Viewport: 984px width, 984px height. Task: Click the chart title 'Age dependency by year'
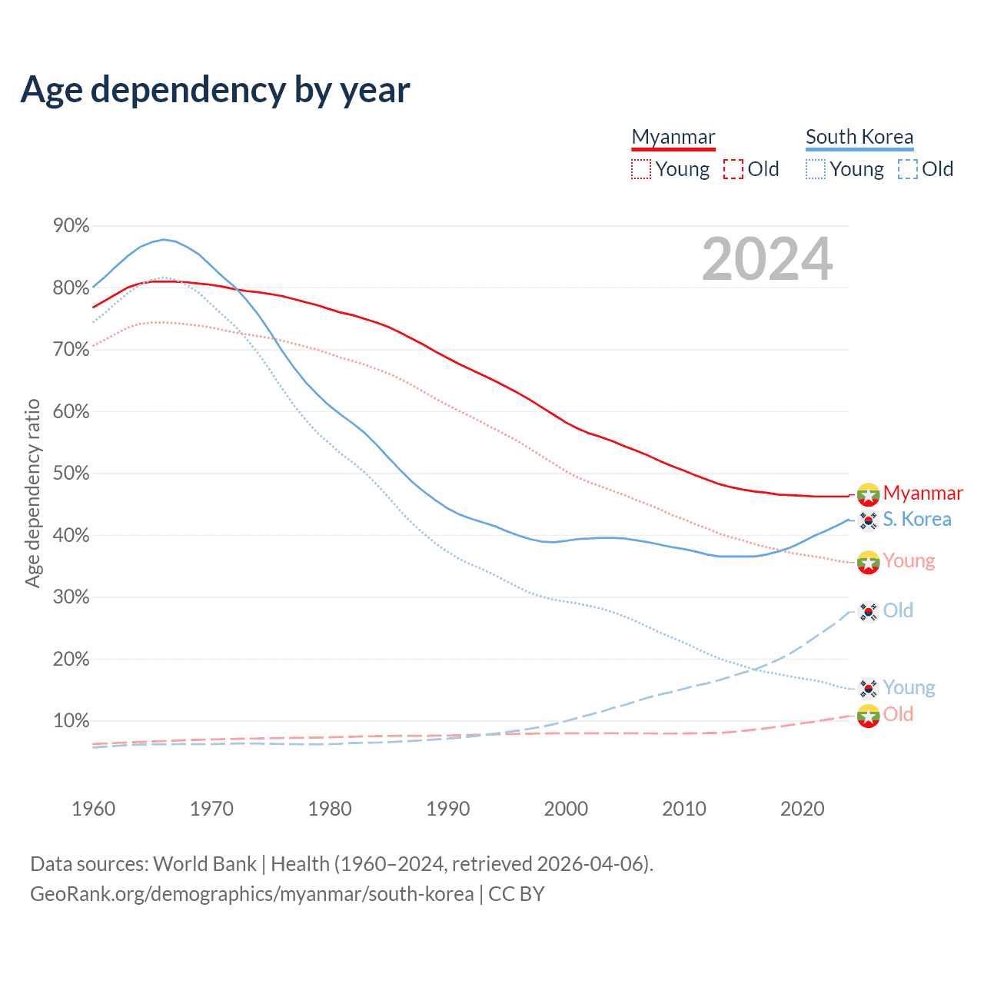point(215,90)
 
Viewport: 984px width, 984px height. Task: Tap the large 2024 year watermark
point(767,260)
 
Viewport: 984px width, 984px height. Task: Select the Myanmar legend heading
point(673,137)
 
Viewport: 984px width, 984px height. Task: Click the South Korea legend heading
point(859,137)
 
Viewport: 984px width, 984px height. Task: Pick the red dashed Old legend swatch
point(733,169)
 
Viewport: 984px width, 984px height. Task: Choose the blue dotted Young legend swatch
point(816,169)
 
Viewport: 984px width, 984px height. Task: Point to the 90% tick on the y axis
point(71,226)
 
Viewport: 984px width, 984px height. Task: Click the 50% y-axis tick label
point(71,474)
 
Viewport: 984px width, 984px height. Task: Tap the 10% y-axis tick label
point(71,721)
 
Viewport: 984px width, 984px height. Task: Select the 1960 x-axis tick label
point(94,809)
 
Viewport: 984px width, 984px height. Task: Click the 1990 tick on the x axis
point(448,809)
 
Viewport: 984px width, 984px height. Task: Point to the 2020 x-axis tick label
point(803,809)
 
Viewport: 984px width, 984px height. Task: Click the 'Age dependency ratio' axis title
point(32,493)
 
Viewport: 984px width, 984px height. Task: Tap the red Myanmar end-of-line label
point(922,493)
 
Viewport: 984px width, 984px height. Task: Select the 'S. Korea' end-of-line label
point(916,520)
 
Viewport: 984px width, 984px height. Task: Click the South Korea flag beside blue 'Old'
point(869,612)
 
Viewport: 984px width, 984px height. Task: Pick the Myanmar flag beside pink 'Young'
point(869,562)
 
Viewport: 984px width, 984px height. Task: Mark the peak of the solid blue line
point(163,239)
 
